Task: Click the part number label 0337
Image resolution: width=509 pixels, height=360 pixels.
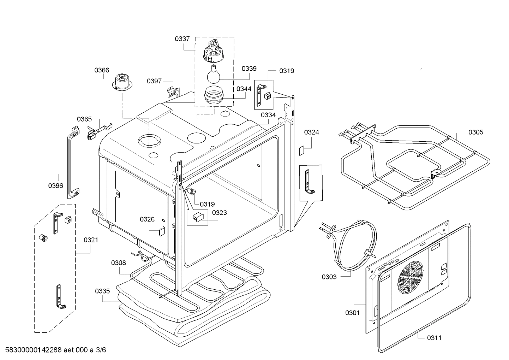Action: [x=182, y=39]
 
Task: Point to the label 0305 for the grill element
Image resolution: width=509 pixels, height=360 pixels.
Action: [x=475, y=132]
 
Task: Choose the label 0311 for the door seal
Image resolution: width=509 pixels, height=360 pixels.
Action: [x=434, y=338]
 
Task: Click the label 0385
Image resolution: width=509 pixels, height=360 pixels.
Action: [x=84, y=119]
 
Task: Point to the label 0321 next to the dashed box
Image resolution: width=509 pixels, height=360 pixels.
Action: [x=91, y=240]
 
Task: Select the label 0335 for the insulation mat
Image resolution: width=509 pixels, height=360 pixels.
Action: [x=102, y=291]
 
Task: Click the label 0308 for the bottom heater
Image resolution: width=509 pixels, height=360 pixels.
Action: [x=118, y=262]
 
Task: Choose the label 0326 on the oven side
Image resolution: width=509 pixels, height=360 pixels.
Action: [x=147, y=219]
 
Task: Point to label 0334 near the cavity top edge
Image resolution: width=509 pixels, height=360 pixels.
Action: [x=268, y=115]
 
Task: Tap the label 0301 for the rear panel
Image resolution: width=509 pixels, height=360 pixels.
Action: [x=352, y=312]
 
